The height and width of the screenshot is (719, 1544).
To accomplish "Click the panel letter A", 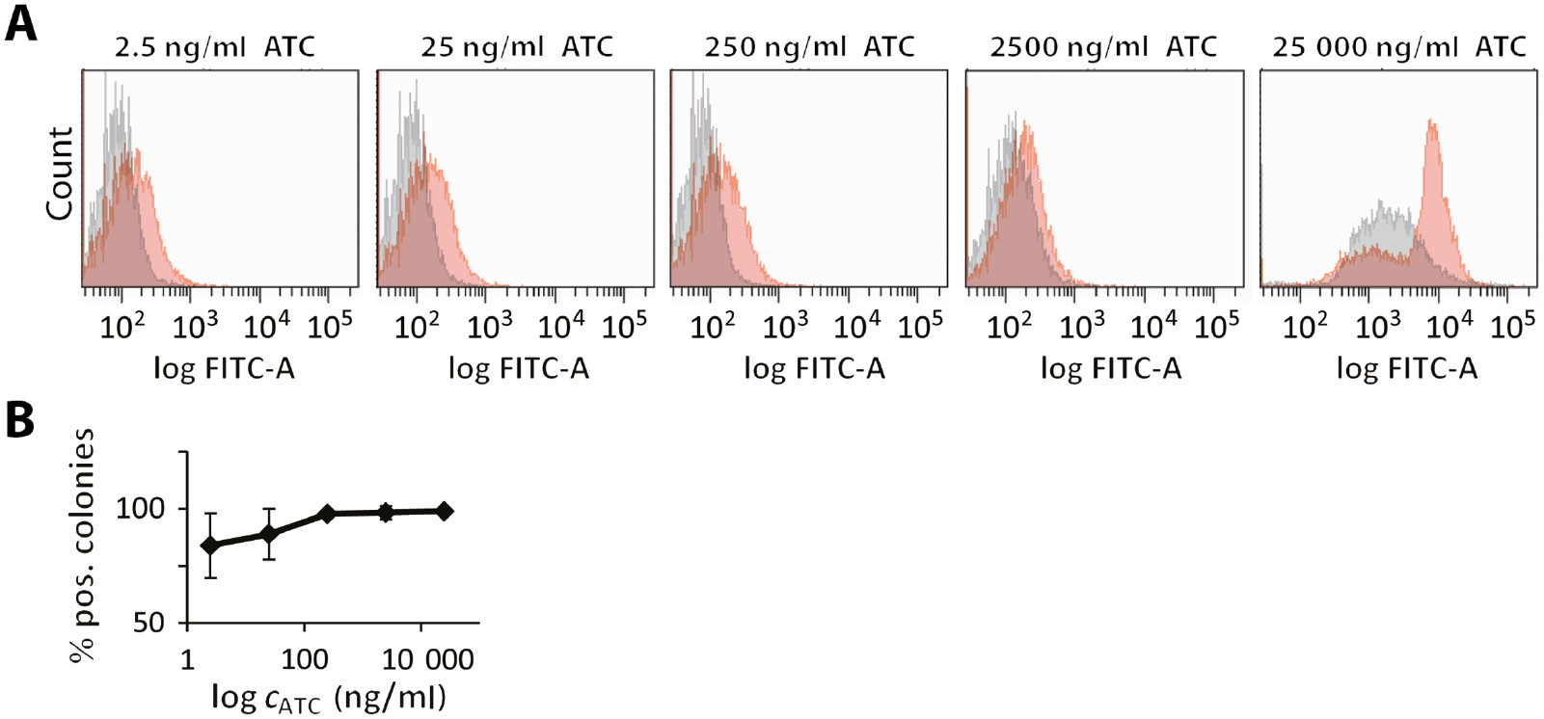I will [x=21, y=23].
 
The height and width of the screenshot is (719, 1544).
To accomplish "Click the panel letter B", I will [x=20, y=421].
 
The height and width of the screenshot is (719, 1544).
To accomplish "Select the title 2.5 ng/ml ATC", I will [x=214, y=46].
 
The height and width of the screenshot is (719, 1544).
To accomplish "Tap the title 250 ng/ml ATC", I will [x=808, y=46].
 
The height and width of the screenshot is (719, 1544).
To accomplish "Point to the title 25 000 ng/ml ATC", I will [x=1398, y=46].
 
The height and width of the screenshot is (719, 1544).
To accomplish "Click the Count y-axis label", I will [x=60, y=173].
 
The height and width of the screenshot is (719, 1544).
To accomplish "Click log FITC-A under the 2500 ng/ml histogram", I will [x=1110, y=368].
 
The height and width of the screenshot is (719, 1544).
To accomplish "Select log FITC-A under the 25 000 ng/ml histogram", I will [x=1406, y=368].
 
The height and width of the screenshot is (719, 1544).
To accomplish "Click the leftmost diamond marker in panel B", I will [x=210, y=546].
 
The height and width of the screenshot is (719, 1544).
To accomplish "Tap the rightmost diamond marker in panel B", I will [x=444, y=511].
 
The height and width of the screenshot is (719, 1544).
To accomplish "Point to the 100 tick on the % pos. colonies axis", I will [x=141, y=508].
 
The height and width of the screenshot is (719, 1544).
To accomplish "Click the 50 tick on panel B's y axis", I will [x=149, y=623].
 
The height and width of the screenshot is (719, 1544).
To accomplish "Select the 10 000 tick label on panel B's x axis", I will [x=427, y=660].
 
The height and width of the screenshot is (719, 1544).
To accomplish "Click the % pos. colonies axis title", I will [x=84, y=545].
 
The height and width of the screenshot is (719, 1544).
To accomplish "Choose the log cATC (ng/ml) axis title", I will [x=329, y=697].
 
